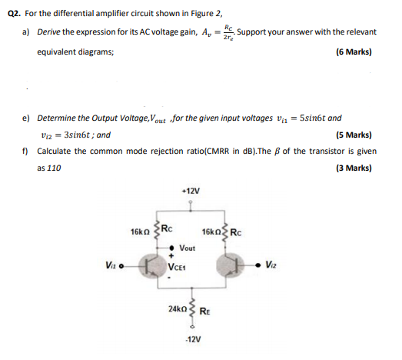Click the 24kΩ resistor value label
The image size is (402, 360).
point(175,308)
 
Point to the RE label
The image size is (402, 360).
point(204,311)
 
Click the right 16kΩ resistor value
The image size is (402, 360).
point(211,232)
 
